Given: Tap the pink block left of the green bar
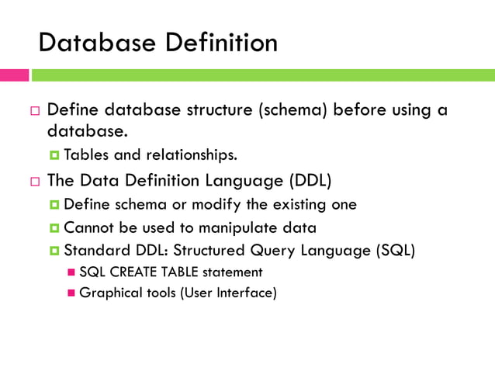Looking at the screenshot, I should click(x=15, y=75).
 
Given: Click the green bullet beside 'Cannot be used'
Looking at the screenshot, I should click(x=55, y=229).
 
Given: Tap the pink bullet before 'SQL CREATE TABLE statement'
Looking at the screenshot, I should click(x=71, y=273).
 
